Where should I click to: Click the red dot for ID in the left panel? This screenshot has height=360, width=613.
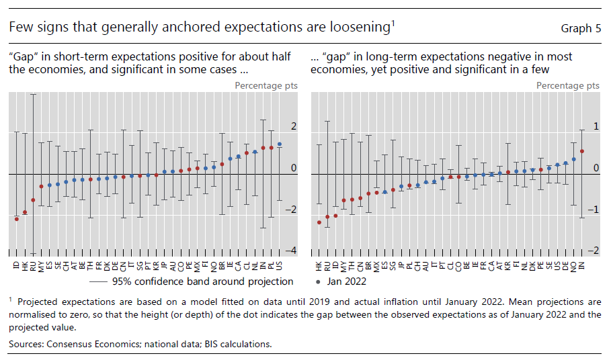[17, 219]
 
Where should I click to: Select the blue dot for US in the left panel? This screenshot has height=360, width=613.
[280, 144]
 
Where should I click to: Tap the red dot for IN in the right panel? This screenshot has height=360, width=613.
[582, 151]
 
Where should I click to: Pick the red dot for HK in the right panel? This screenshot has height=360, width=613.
[327, 217]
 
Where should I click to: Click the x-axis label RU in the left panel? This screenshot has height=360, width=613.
[33, 267]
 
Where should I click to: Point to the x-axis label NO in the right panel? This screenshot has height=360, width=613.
[574, 267]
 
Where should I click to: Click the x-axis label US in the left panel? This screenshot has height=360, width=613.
[280, 267]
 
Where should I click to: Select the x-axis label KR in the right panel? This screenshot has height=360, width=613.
[508, 267]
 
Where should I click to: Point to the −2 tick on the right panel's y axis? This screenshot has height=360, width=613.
[594, 251]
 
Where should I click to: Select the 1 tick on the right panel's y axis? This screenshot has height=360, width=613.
[594, 126]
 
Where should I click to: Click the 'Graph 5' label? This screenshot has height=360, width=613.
[581, 28]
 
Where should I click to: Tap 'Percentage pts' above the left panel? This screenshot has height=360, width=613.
[265, 85]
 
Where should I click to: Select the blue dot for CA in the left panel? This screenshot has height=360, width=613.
[239, 156]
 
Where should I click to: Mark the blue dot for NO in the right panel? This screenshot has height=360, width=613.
[574, 159]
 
